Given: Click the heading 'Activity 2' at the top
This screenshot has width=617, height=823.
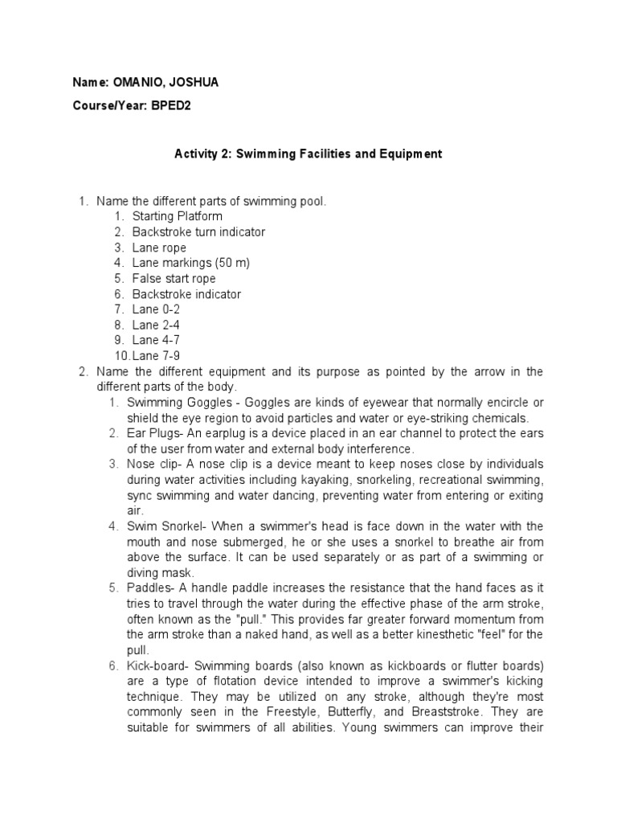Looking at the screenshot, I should coord(204,154).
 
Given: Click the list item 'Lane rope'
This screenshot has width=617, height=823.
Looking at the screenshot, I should coord(158,248).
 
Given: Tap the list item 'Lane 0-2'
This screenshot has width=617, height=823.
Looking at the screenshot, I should coord(155,309).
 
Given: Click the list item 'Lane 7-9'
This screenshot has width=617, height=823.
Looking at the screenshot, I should coord(155,356).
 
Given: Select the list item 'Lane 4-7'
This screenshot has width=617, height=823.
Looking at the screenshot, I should coord(155,341).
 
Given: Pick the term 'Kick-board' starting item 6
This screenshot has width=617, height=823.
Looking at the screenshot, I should coord(156,665).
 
